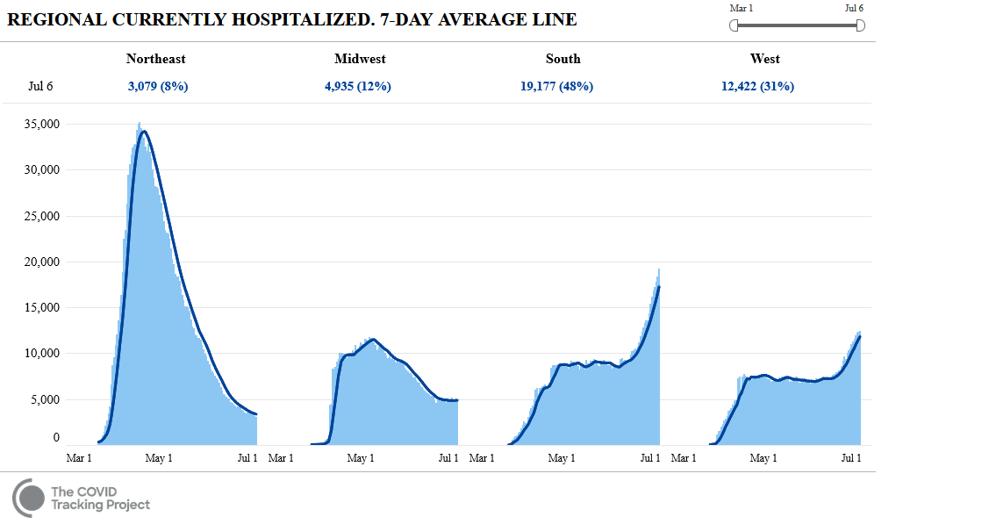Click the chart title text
pyautogui.click(x=292, y=19)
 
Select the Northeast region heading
pyautogui.click(x=156, y=59)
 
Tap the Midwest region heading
pyautogui.click(x=360, y=59)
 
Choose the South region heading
pyautogui.click(x=563, y=59)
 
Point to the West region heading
pyautogui.click(x=764, y=59)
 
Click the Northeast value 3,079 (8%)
pyautogui.click(x=158, y=86)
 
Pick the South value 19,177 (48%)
pyautogui.click(x=556, y=86)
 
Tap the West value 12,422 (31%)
pyautogui.click(x=757, y=86)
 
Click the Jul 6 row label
pyautogui.click(x=40, y=86)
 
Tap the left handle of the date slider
pyautogui.click(x=734, y=25)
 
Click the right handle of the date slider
pyautogui.click(x=860, y=25)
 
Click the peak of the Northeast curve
pyautogui.click(x=144, y=132)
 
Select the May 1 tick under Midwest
pyautogui.click(x=361, y=458)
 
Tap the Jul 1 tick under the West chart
pyautogui.click(x=851, y=458)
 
